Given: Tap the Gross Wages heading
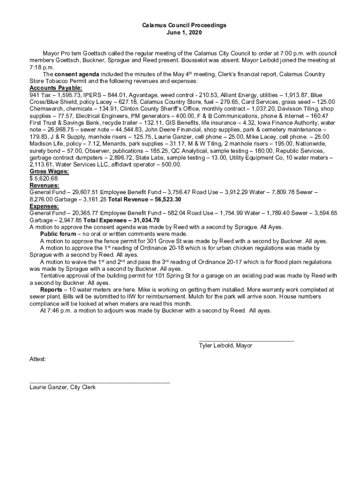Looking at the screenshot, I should pos(49,172).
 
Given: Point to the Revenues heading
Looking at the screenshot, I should pos(44,185).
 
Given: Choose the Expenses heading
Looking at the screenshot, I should pos(44,206).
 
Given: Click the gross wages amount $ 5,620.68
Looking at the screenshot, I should pos(43,179).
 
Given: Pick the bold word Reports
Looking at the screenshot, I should pos(51,290).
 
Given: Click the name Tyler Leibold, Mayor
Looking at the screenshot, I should pos(225,346).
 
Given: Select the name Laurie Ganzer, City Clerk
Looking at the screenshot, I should pos(62,387).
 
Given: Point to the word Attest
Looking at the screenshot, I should pos(37,359).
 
